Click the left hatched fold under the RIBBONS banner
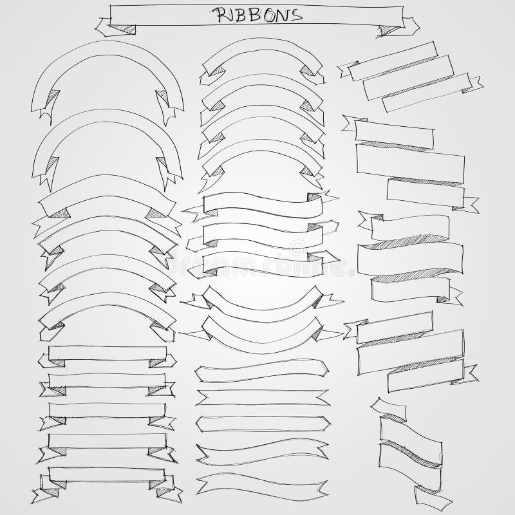(x=125, y=29)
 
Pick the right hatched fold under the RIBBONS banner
(x=389, y=30)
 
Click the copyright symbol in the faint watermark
(x=297, y=247)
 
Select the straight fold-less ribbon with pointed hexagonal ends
(x=263, y=424)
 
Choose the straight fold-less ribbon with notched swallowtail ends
(x=263, y=397)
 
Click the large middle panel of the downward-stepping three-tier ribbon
(x=410, y=164)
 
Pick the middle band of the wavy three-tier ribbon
(x=410, y=259)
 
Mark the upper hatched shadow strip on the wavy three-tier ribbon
(x=406, y=241)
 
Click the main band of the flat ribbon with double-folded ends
(x=107, y=474)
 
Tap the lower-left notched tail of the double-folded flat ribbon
(x=45, y=495)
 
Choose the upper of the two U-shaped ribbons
(x=262, y=301)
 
